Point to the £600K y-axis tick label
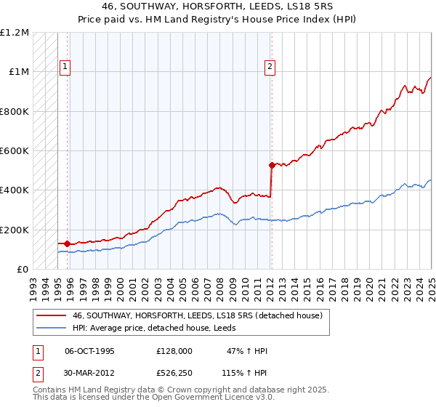pyautogui.click(x=15, y=151)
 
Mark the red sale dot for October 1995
pyautogui.click(x=68, y=243)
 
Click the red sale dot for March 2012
pyautogui.click(x=271, y=165)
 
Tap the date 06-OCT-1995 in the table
pyautogui.click(x=90, y=351)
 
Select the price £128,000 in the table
pyautogui.click(x=174, y=351)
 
